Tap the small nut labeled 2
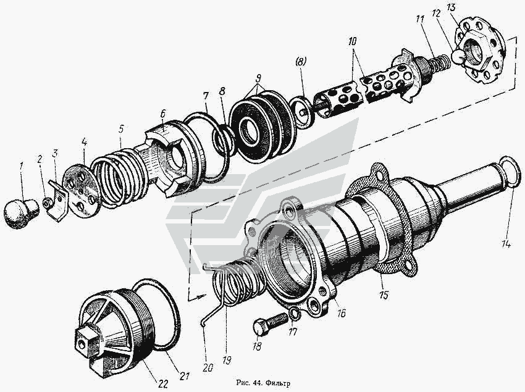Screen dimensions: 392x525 coord(46,203)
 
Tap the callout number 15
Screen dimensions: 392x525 coord(384,296)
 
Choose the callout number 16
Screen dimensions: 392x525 coord(341,313)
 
